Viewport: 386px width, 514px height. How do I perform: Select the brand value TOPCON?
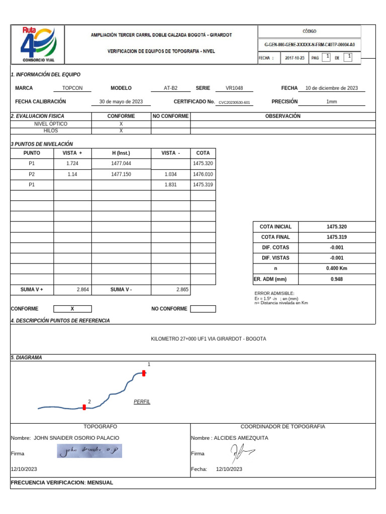coord(72,88)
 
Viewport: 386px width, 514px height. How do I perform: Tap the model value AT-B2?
coord(171,88)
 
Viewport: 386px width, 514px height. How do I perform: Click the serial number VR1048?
coord(234,88)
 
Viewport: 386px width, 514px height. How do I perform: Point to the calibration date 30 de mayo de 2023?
coord(121,101)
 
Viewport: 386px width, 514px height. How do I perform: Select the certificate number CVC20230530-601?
coord(234,102)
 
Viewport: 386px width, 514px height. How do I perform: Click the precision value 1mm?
coord(331,101)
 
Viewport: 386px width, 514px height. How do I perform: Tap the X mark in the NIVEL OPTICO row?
coord(121,123)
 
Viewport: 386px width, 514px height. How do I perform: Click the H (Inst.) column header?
coord(121,153)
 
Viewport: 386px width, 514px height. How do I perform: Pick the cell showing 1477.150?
coord(121,174)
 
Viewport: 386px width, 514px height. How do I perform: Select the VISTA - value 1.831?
coord(171,185)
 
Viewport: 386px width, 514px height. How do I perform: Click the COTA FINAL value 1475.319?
coord(336,237)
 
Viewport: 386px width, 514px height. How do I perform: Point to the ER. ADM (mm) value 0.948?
coord(336,279)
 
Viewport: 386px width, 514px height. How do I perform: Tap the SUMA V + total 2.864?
coord(83,290)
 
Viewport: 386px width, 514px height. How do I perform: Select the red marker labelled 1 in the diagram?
coord(144,373)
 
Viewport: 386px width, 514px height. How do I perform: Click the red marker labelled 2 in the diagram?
coord(84,408)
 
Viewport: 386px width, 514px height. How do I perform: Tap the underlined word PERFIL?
coord(142,402)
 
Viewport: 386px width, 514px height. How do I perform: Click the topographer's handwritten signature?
coord(89,452)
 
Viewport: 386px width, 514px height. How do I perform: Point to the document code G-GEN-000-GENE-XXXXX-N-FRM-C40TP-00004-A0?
coord(310,44)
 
